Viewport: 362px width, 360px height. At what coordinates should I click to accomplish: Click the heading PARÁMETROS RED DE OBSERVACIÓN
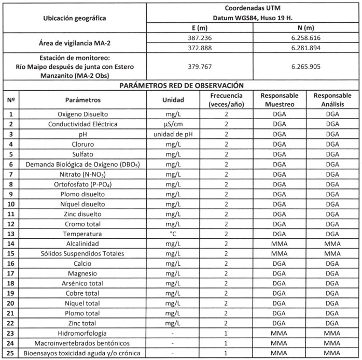click(x=179, y=85)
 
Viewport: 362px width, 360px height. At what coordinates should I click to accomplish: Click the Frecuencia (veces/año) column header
click(x=227, y=99)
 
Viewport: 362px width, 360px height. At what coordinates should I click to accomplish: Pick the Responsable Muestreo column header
click(x=279, y=99)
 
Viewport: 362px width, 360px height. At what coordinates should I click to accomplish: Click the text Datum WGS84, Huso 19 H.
click(x=253, y=18)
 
